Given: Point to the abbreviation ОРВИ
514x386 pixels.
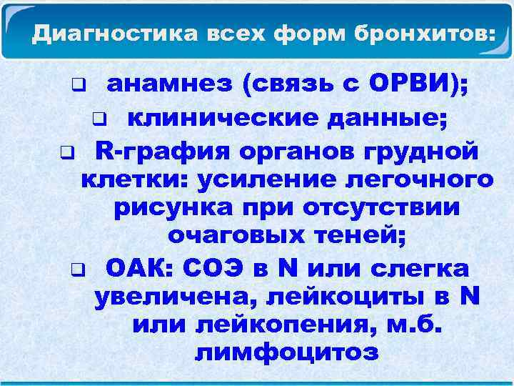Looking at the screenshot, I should coord(415,86).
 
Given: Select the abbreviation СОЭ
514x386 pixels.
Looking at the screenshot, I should coord(213,269).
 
